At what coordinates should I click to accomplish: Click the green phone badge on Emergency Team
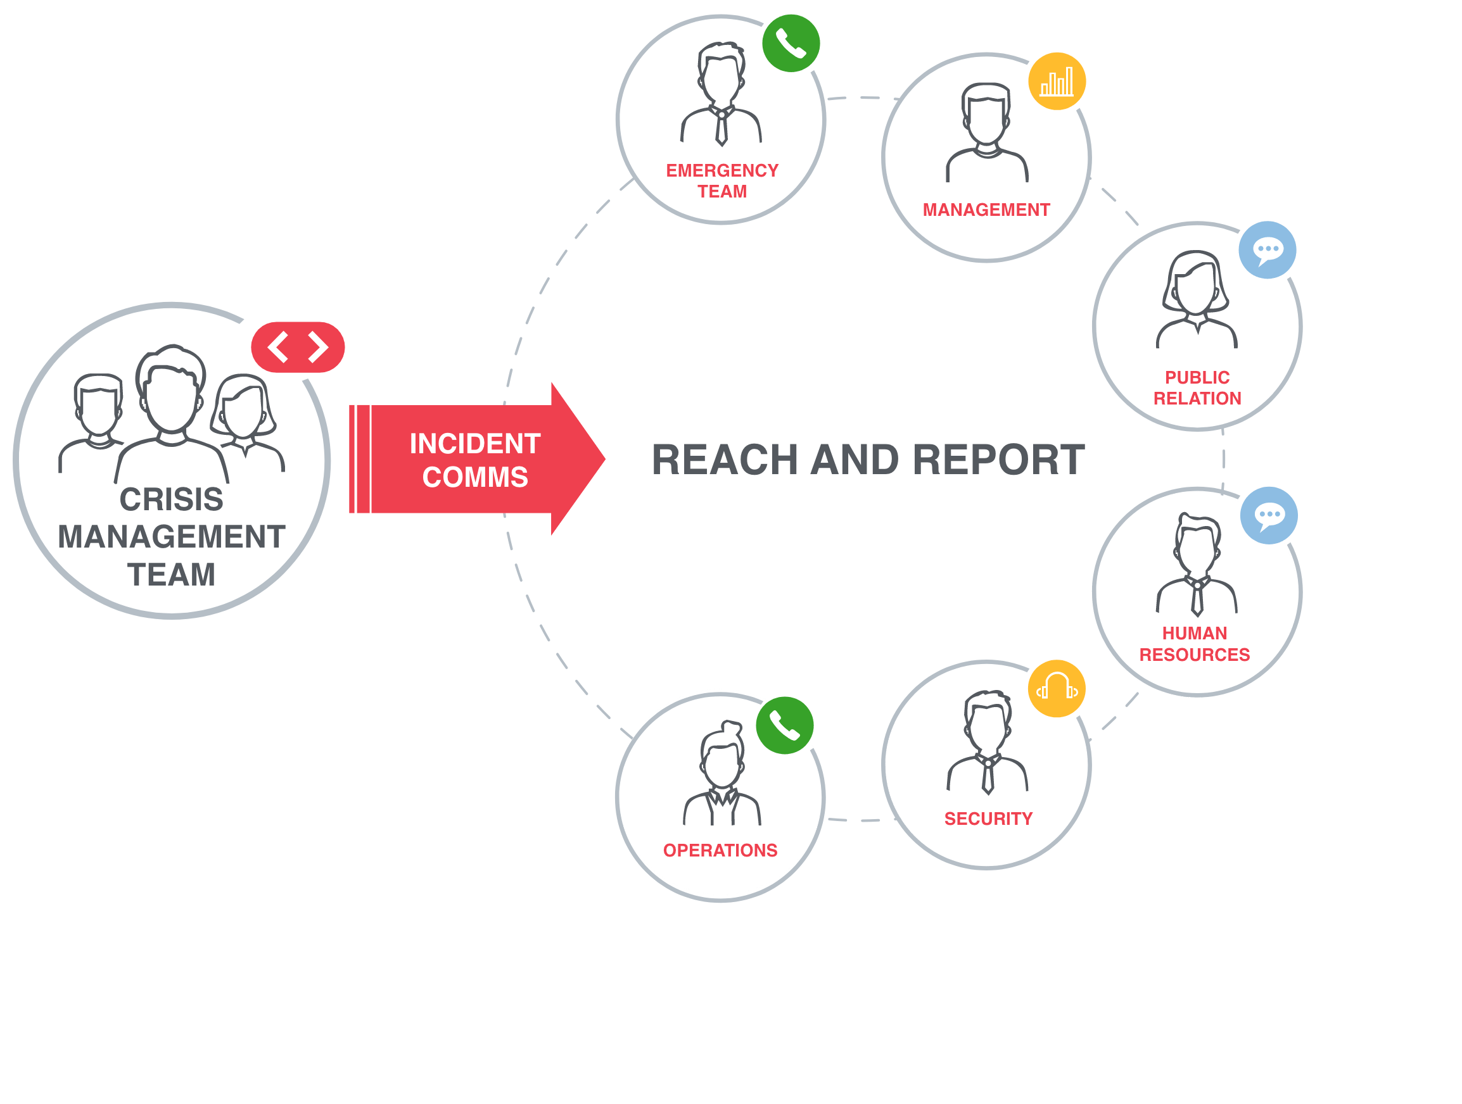click(791, 43)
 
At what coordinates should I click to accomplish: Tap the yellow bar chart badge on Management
click(1056, 81)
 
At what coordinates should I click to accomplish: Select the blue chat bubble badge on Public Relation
click(1267, 250)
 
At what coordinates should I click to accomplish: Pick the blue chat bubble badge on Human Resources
click(1268, 515)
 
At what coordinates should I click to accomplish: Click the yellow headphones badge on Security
click(1056, 689)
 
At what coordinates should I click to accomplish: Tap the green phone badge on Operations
click(785, 725)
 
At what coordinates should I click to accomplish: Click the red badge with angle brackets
click(298, 347)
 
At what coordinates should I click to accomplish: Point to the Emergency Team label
click(721, 181)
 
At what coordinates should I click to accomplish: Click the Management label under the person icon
click(986, 210)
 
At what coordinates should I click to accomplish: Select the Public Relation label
click(1197, 388)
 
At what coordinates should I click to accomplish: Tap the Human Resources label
click(1194, 644)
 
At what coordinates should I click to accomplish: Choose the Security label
click(988, 819)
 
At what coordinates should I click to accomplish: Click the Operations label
click(720, 850)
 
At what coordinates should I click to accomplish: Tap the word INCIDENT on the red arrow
click(474, 444)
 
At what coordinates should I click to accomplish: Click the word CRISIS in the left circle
click(171, 499)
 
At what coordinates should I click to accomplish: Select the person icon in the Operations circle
click(721, 773)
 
